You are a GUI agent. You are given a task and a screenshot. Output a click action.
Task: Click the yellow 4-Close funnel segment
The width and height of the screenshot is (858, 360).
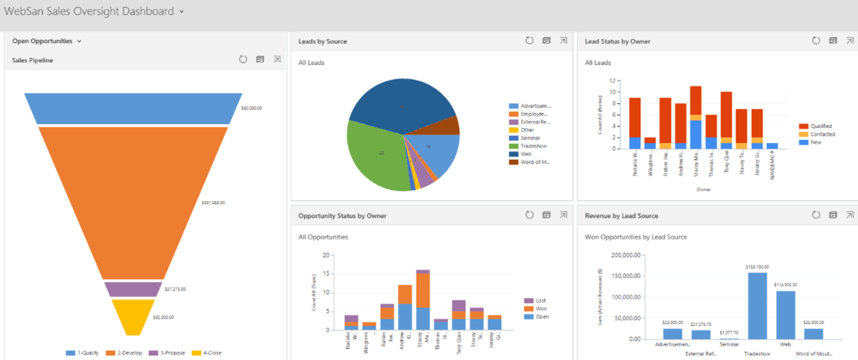point(133,315)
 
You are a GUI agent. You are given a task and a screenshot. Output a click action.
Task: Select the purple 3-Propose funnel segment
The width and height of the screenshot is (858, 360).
point(133,289)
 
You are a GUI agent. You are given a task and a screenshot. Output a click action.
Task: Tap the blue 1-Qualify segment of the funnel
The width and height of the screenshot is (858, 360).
point(133,108)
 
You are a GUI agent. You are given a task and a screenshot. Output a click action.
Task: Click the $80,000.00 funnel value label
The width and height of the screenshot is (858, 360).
point(252,108)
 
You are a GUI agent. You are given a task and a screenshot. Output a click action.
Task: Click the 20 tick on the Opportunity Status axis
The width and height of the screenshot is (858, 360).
point(326,255)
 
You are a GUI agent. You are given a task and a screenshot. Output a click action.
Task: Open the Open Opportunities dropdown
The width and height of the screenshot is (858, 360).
point(47,41)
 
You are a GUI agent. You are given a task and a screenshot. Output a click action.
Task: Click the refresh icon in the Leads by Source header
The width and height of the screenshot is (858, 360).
point(529,41)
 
